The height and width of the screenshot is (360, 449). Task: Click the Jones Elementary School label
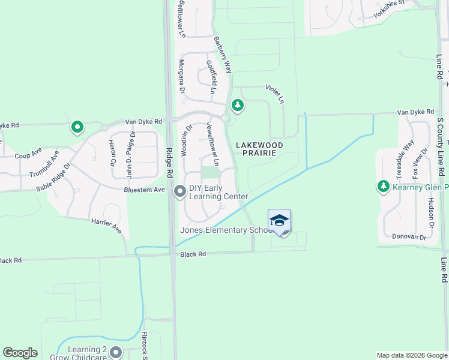click(x=227, y=230)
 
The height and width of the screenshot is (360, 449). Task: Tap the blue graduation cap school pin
click(x=279, y=221)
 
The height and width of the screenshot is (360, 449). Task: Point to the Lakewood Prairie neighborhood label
click(x=259, y=149)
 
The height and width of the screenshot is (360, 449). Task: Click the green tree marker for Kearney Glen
click(x=383, y=187)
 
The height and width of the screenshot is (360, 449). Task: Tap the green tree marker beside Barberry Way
click(x=238, y=106)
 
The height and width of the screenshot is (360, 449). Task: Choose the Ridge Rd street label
click(x=169, y=163)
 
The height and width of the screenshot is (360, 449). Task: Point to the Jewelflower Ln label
click(x=212, y=144)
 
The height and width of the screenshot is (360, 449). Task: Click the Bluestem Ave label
click(x=144, y=190)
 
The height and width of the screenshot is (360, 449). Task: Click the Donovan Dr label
click(x=408, y=237)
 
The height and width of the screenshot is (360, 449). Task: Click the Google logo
click(x=20, y=353)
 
